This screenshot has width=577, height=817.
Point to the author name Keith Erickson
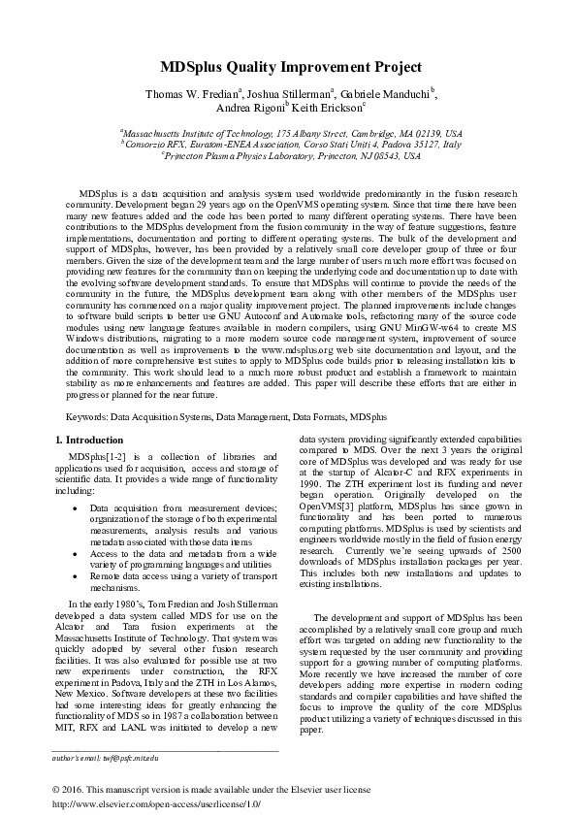pos(326,108)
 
